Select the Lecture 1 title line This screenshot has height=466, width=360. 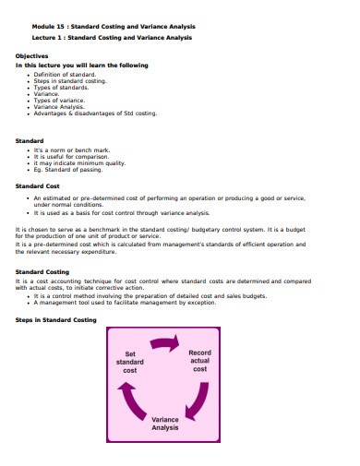coord(113,38)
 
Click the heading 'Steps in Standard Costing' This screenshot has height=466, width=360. coord(56,319)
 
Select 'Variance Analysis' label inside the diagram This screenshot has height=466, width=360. coord(164,423)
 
